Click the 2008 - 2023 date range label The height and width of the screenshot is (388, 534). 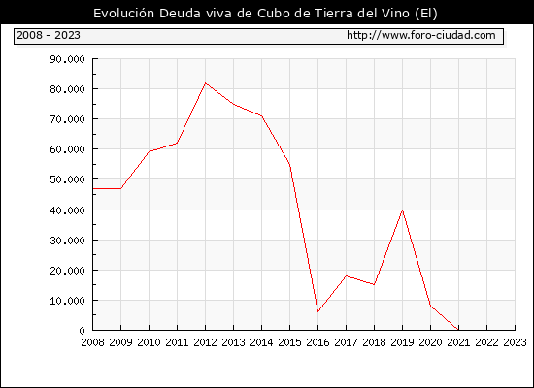49,35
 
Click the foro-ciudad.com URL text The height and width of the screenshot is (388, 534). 421,35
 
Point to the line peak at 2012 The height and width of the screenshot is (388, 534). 206,83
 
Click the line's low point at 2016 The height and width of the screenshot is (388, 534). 318,311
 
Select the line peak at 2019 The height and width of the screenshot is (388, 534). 403,210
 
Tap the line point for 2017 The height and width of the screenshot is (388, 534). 346,275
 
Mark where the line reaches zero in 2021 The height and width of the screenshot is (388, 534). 458,330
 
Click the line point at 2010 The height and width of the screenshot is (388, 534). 150,151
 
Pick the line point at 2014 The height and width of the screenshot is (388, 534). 261,116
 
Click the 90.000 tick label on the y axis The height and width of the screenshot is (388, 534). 67,59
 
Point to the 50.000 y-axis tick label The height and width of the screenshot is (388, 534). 67,179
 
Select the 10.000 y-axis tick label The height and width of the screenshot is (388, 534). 67,301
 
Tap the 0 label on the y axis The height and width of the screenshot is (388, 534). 82,331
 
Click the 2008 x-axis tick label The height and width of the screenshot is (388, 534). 92,342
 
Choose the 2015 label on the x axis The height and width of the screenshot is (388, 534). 290,342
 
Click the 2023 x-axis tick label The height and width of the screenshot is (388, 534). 515,342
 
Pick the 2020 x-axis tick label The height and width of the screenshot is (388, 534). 430,342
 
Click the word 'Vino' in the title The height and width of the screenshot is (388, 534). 396,14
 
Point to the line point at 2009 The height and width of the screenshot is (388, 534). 121,188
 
